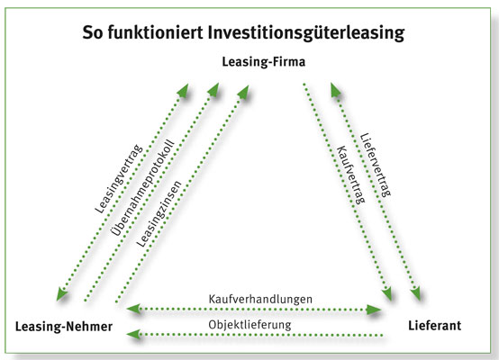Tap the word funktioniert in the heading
pos(155,31)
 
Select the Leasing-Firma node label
pos(264,62)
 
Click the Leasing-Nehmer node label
pos(64,327)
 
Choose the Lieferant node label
pos(435,326)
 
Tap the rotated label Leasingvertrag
pos(118,179)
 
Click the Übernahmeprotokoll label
pos(143,187)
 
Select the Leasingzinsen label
pos(159,213)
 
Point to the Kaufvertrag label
pos(350,175)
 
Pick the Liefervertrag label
pos(376,165)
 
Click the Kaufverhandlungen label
pos(260,299)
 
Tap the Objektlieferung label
pos(249,325)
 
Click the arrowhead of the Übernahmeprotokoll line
pos(213,89)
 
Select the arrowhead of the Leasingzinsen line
pos(243,92)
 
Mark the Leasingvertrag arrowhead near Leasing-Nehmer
pos(62,294)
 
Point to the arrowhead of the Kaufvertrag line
pos(387,293)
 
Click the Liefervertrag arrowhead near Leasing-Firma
pos(335,90)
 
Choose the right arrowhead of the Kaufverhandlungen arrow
pos(374,310)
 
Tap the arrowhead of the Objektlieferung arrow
pos(133,334)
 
